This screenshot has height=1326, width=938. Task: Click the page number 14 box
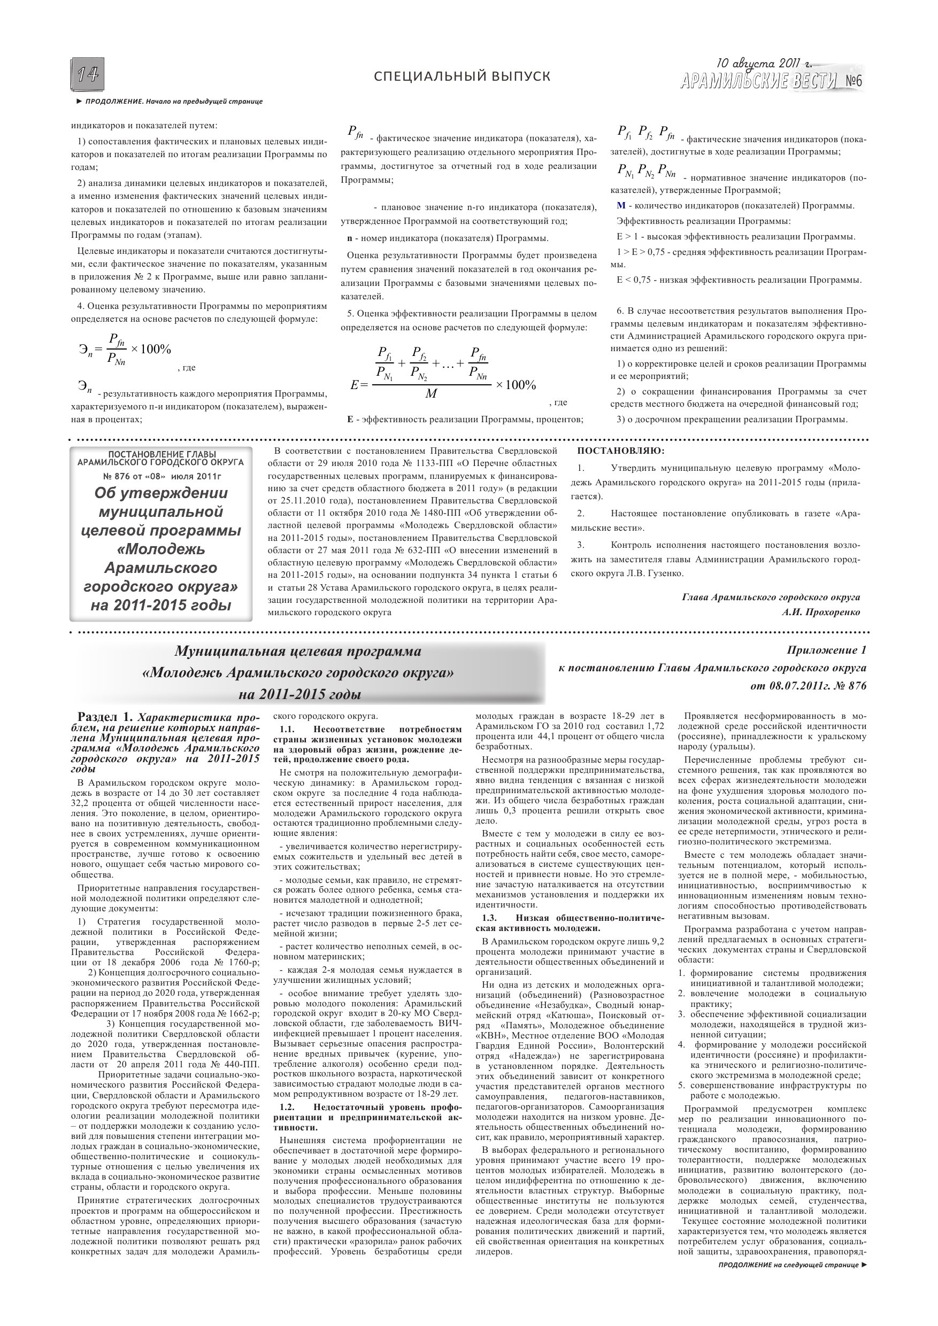(88, 74)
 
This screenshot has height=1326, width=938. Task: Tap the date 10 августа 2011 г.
(764, 63)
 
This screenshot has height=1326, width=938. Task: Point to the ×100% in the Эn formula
(151, 350)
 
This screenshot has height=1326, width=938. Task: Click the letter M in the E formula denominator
(431, 394)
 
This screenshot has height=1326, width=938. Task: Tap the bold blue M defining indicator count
(621, 206)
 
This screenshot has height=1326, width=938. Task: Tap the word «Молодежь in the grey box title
(160, 549)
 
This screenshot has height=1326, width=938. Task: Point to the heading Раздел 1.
(105, 717)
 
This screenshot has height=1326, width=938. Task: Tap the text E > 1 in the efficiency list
(624, 237)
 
